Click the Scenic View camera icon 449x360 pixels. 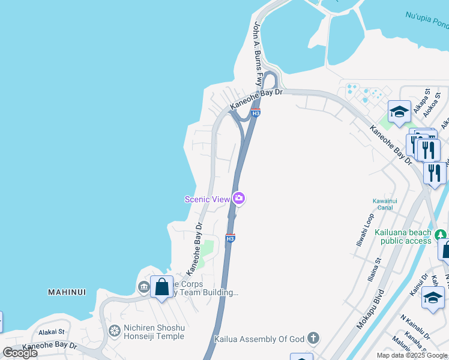click(x=240, y=198)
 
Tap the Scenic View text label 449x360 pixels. click(x=208, y=199)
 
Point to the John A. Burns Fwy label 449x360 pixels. click(x=258, y=53)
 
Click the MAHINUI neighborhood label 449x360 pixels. click(x=67, y=292)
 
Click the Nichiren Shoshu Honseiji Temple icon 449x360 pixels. click(x=114, y=331)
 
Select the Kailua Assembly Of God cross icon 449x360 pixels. click(x=313, y=339)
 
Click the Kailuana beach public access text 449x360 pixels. click(x=403, y=236)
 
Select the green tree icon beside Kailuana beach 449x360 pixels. click(x=441, y=234)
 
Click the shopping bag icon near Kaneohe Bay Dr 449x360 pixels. click(x=162, y=287)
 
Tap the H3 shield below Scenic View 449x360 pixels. click(x=230, y=238)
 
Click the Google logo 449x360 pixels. click(x=20, y=353)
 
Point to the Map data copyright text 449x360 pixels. click(x=412, y=355)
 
